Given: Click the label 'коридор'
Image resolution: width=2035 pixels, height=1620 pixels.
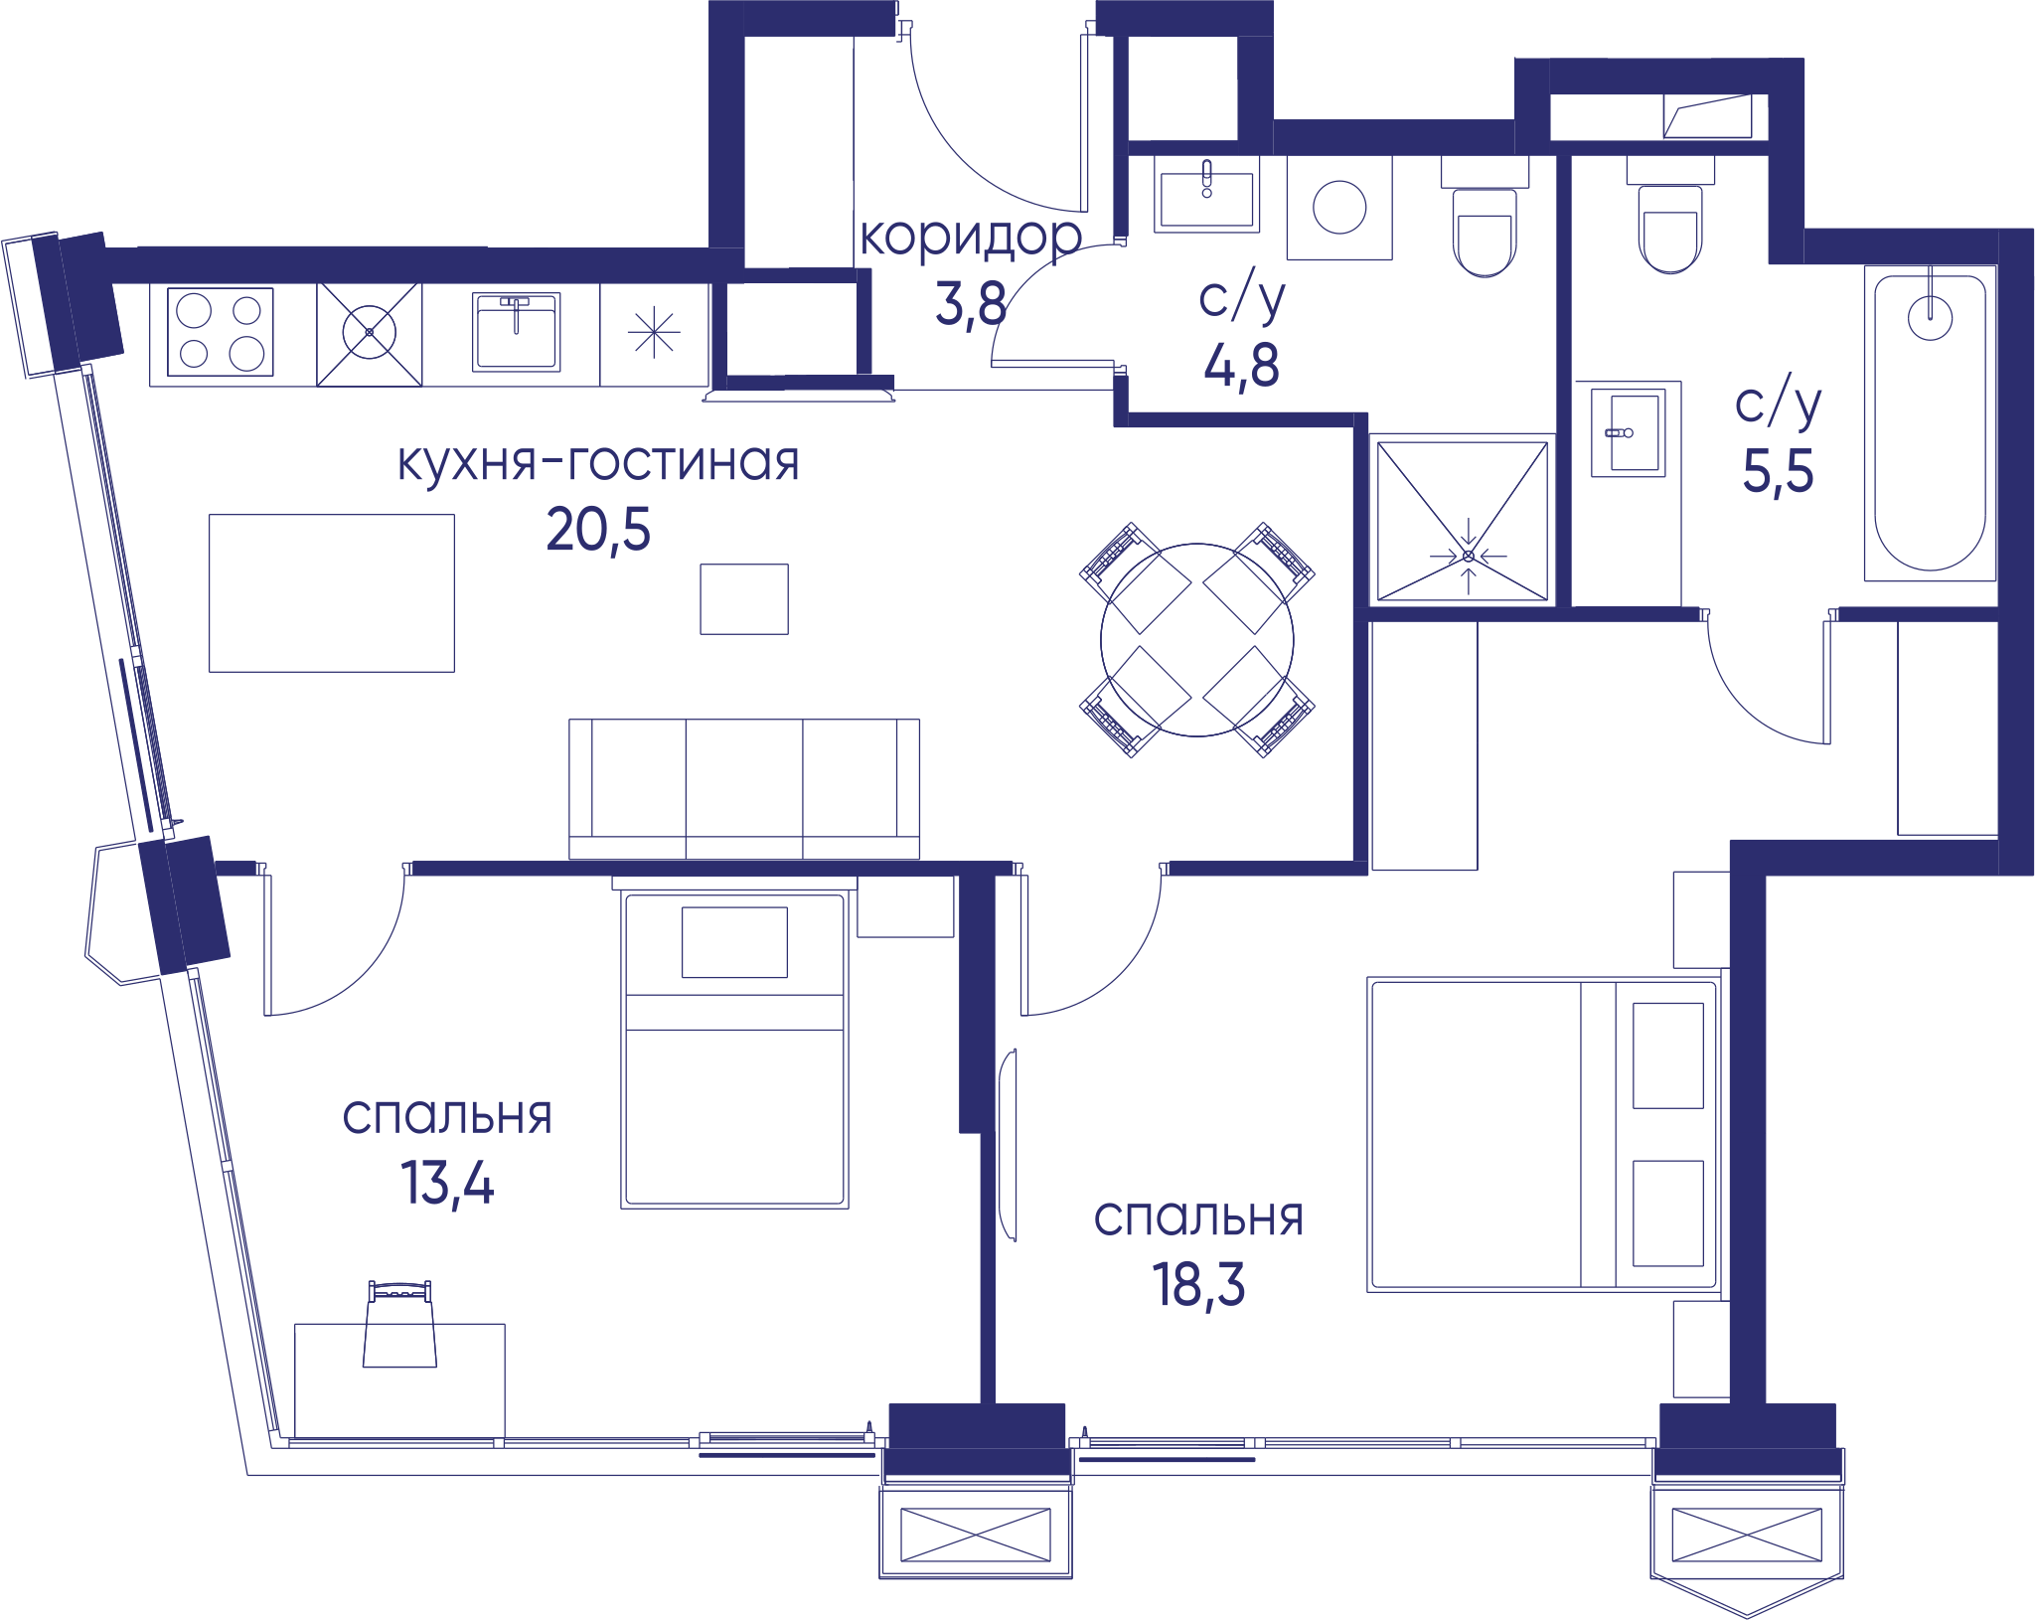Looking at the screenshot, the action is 971,239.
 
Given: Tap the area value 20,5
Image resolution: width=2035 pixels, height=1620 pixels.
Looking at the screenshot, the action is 598,529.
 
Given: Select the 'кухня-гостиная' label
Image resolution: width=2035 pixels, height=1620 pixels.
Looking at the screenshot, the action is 598,462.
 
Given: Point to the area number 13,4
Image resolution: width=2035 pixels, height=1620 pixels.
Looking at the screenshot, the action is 447,1184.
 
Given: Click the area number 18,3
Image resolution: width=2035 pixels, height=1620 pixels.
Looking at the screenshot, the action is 1198,1285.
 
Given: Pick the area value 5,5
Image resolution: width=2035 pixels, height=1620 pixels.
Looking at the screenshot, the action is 1778,471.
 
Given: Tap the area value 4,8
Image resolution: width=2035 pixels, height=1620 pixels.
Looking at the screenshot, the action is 1241,365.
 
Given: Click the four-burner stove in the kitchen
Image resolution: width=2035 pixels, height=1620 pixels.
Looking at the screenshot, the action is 221,332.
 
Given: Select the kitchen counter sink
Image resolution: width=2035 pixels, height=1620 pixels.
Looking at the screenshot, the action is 516,332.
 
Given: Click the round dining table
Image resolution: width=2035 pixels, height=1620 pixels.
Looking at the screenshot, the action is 1197,640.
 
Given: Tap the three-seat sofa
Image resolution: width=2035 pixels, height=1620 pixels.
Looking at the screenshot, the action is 744,789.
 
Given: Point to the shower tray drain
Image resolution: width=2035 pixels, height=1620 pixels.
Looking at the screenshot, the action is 1469,556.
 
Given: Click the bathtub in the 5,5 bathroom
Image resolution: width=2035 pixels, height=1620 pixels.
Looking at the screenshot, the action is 1930,423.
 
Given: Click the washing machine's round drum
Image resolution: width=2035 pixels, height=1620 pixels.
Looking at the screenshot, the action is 1339,208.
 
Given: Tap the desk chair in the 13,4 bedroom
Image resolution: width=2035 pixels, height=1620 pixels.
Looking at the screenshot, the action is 399,1325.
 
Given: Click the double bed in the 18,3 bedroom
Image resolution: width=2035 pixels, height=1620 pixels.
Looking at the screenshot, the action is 1544,1135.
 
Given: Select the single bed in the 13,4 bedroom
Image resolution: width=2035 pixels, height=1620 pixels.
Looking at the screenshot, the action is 734,1050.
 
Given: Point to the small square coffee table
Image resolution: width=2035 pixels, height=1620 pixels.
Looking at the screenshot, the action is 744,599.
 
